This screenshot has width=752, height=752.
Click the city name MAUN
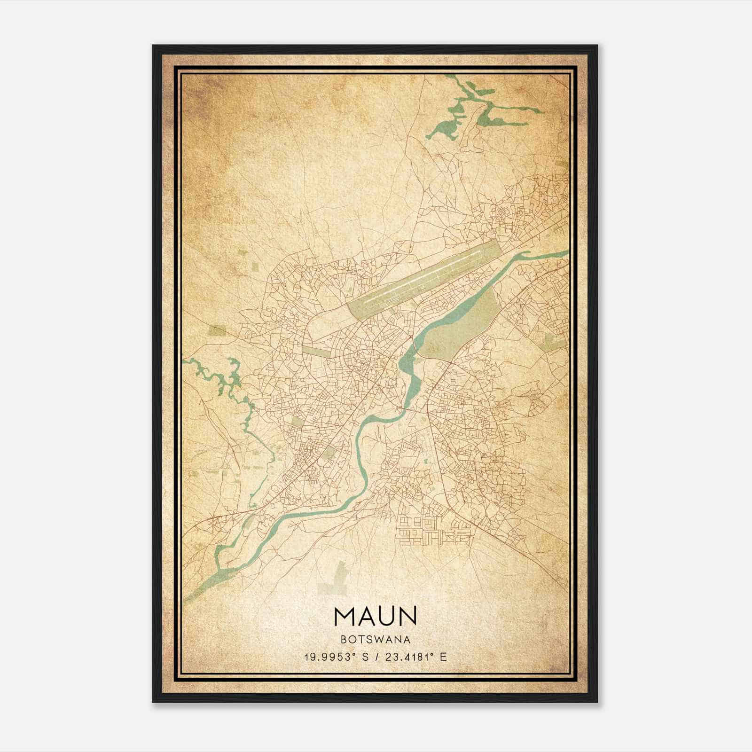[x=376, y=616]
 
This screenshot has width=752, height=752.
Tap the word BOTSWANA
[x=376, y=640]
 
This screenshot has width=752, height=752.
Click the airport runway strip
[x=423, y=276]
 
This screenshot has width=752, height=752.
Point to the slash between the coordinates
[x=376, y=657]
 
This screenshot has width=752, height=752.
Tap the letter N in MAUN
[x=407, y=616]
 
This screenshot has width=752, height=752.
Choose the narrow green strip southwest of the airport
[x=320, y=350]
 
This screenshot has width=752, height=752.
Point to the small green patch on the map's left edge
[x=217, y=330]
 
